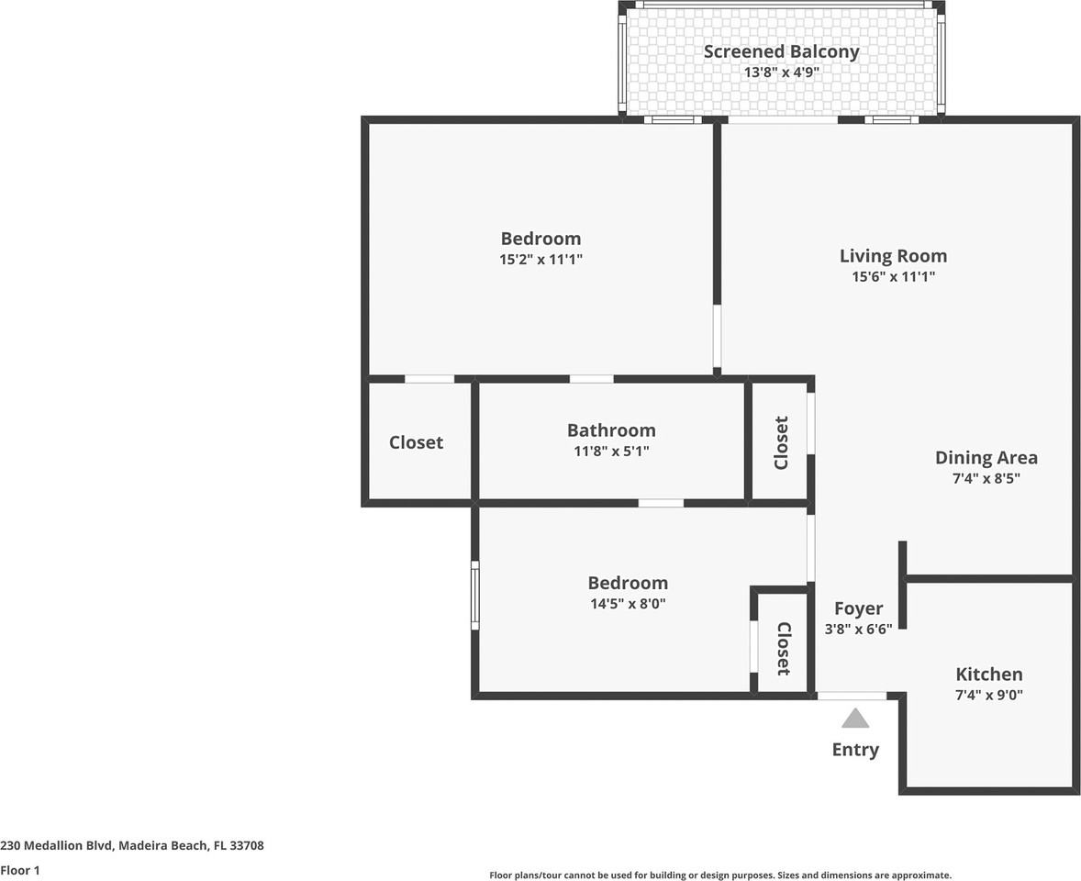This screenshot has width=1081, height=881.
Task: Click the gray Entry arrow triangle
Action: point(855,719)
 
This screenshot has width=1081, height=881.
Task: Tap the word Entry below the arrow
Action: point(855,750)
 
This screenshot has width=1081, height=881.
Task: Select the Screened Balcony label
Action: point(781,51)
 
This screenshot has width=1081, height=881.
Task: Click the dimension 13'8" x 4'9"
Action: point(781,72)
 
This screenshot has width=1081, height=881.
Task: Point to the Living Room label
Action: point(893,256)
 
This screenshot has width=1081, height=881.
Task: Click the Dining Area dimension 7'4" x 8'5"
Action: point(986,478)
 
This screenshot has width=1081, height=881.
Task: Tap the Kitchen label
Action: point(988,675)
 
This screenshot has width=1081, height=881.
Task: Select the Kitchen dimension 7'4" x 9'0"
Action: point(988,695)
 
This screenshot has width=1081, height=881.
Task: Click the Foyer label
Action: point(858,608)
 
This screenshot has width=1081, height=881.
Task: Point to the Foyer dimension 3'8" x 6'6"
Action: point(858,629)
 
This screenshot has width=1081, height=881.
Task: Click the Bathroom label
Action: point(611,430)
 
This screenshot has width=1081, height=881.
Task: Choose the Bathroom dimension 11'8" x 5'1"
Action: point(611,452)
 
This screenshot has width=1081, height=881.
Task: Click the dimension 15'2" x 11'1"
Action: point(541,260)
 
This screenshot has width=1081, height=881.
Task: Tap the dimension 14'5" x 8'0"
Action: point(628,604)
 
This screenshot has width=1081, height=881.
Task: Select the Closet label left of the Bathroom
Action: point(416,442)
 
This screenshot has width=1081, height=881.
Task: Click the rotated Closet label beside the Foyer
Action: point(783,649)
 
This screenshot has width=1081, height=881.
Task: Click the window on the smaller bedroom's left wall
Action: point(475,595)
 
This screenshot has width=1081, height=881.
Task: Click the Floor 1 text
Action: point(20,870)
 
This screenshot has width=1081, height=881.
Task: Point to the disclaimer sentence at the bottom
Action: point(720,875)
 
